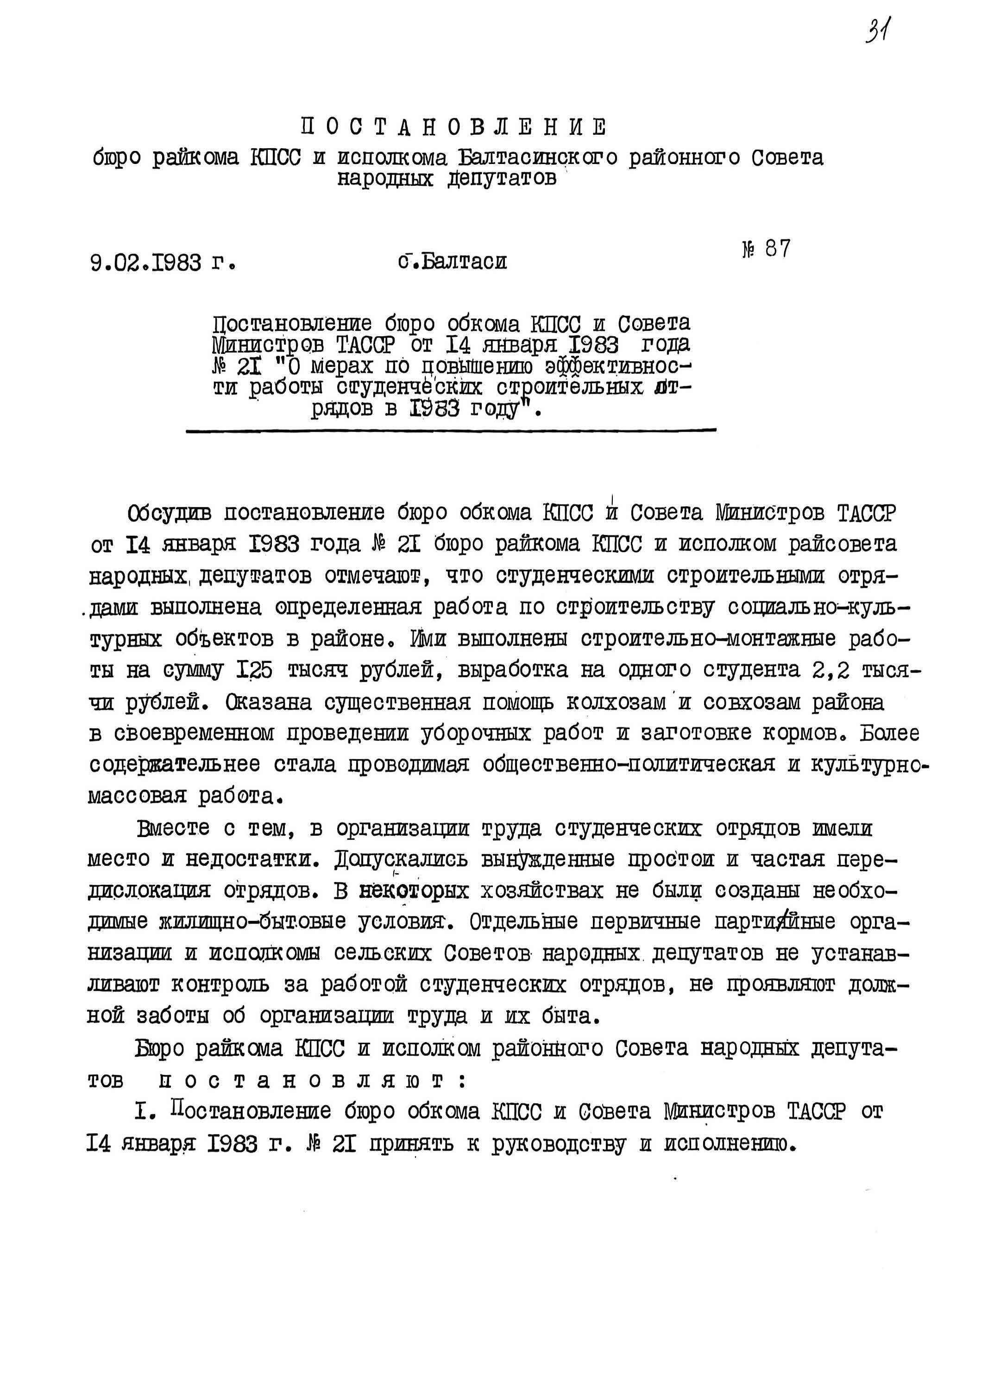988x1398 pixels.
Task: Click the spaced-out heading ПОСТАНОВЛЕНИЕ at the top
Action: (x=453, y=127)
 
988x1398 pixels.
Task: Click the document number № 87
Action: (x=766, y=249)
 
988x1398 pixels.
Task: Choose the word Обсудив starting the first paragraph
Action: (x=169, y=513)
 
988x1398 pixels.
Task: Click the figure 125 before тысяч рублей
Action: (x=254, y=670)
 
